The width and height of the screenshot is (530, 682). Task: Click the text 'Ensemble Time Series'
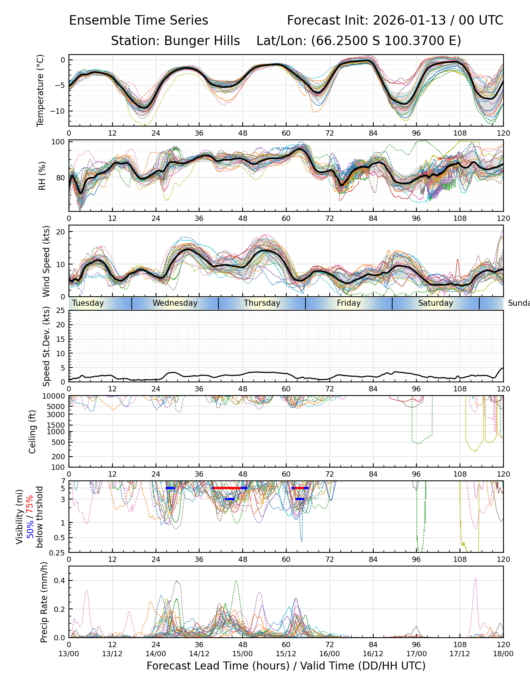point(139,20)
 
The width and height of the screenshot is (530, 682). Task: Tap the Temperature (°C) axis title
point(41,90)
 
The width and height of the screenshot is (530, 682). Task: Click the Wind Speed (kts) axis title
point(46,261)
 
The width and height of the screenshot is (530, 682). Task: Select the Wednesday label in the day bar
point(175,303)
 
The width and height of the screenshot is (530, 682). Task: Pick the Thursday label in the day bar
point(262,303)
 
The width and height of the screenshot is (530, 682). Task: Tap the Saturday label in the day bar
point(436,303)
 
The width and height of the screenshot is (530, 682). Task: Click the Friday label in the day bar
point(349,303)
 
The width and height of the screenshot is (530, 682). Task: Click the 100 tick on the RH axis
point(59,142)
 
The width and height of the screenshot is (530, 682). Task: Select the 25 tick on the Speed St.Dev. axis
point(61,311)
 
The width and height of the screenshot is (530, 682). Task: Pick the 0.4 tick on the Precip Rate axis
point(60,581)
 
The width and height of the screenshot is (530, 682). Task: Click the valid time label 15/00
point(243,654)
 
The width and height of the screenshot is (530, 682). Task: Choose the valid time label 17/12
point(460,654)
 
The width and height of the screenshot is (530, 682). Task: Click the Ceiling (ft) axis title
point(33,432)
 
